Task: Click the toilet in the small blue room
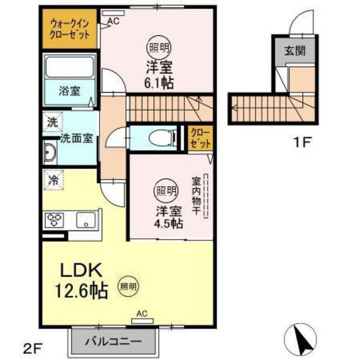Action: click(163, 138)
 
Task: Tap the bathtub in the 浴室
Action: click(69, 67)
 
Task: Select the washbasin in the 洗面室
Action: click(50, 152)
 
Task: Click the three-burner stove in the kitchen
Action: click(55, 220)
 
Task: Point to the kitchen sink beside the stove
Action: click(86, 220)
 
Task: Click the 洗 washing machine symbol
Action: click(53, 122)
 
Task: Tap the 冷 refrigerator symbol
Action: click(54, 180)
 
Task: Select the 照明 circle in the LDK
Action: click(129, 286)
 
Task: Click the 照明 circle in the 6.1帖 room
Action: click(159, 48)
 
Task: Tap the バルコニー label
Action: click(113, 341)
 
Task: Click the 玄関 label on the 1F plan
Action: click(295, 51)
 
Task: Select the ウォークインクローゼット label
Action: click(69, 30)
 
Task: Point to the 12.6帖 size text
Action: click(81, 291)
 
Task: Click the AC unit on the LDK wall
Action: click(142, 321)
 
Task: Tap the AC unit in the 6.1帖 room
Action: click(113, 13)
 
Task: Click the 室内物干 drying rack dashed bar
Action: click(206, 195)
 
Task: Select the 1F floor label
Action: click(302, 142)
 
